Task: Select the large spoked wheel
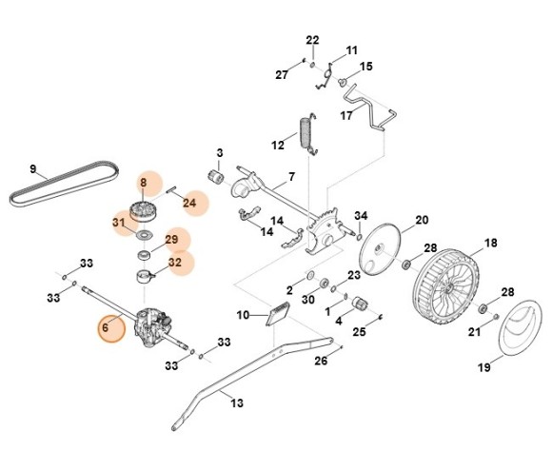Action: coord(445,287)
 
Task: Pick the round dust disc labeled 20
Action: coord(380,248)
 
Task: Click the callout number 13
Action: coord(237,402)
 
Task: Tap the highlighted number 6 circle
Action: coord(111,328)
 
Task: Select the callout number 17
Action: coord(346,115)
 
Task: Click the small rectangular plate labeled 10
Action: coord(279,314)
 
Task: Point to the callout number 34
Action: coord(361,215)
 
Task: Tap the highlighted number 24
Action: coord(189,203)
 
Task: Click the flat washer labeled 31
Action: coord(145,234)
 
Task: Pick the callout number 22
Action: coord(312,40)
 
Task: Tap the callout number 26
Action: coord(321,361)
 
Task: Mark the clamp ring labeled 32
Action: coord(145,276)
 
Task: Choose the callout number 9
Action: coord(32,169)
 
